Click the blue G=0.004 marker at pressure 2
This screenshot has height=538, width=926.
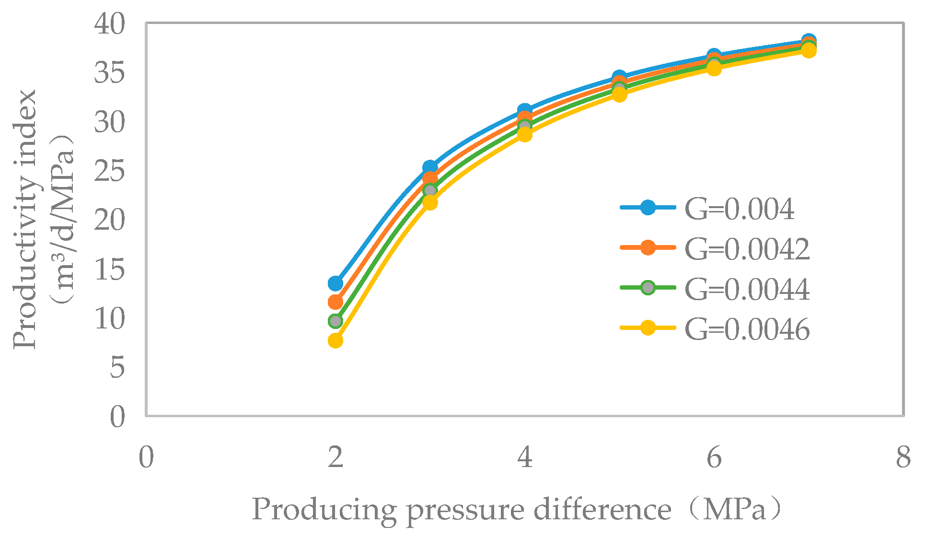(x=336, y=283)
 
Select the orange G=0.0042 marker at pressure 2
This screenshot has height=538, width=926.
(x=336, y=302)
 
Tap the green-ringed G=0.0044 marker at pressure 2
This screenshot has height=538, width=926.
(x=336, y=321)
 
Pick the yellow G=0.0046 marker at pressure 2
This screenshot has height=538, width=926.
(x=336, y=340)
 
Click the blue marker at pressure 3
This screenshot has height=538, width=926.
(x=430, y=167)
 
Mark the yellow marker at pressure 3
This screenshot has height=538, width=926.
(x=430, y=202)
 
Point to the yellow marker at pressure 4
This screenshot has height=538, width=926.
(x=525, y=135)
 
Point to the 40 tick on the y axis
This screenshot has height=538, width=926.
(x=109, y=24)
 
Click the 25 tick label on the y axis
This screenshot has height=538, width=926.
(x=109, y=171)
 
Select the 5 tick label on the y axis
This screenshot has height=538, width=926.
(x=117, y=367)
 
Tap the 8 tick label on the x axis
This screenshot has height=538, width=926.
(x=903, y=457)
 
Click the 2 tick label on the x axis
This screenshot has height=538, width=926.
(x=336, y=457)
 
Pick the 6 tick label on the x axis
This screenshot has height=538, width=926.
(x=714, y=457)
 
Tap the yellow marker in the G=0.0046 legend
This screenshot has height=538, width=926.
(x=648, y=328)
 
